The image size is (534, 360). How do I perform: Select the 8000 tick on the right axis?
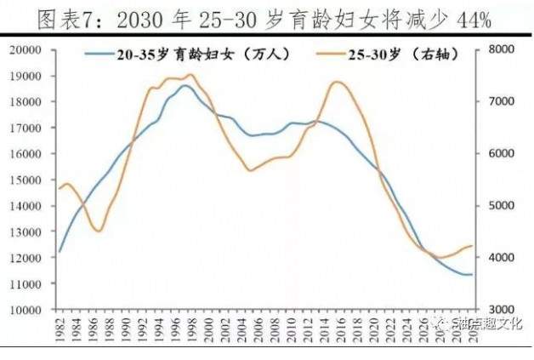point(501,49)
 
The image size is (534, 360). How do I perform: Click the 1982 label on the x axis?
point(60,331)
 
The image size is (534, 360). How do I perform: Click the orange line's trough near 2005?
point(250,170)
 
